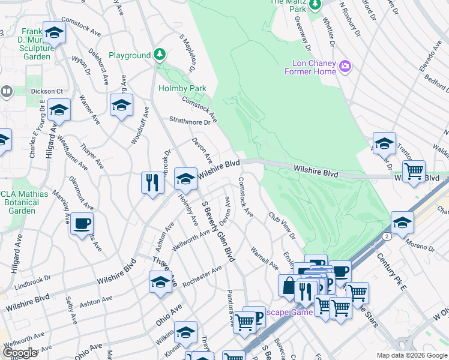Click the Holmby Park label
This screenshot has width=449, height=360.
coord(182,88)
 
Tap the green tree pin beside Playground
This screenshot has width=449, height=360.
coord(159,55)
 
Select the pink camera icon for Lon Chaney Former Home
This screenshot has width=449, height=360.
coord(345,67)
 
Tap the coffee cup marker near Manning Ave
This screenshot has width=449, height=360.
coord(82,224)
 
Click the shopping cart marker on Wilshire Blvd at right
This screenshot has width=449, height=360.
coord(414,171)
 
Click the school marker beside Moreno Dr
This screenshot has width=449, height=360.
coord(402,223)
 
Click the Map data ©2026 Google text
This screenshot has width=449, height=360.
coord(411,355)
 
